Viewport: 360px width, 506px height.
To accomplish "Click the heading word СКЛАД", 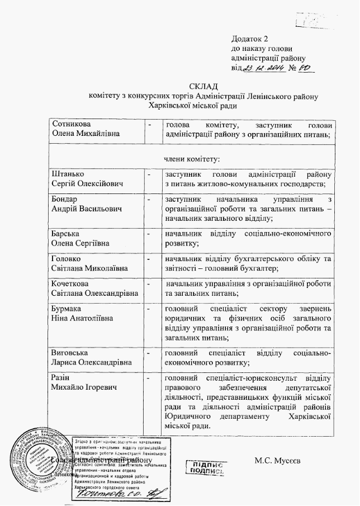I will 200,85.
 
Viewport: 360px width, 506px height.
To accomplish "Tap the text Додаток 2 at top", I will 250,39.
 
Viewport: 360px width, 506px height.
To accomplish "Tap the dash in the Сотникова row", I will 149,124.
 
